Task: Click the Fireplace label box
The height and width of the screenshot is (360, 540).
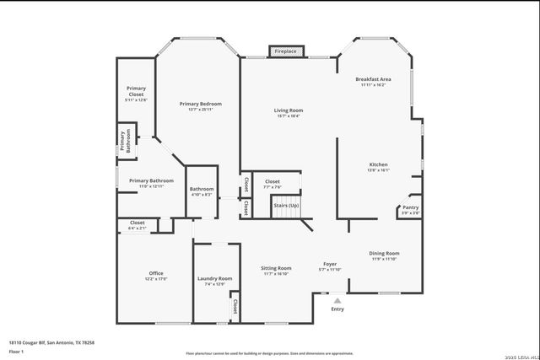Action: pyautogui.click(x=284, y=51)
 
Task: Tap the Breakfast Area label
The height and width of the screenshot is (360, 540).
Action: pyautogui.click(x=372, y=79)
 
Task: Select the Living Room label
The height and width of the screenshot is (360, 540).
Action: pyautogui.click(x=288, y=111)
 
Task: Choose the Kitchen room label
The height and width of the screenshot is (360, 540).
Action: pyautogui.click(x=378, y=164)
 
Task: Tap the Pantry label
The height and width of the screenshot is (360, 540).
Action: pyautogui.click(x=410, y=207)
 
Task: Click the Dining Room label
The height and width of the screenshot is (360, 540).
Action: pyautogui.click(x=384, y=254)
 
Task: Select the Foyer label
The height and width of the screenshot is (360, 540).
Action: pyautogui.click(x=330, y=265)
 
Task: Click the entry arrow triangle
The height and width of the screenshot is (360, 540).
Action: pyautogui.click(x=337, y=299)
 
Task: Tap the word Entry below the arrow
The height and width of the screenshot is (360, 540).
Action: pyautogui.click(x=337, y=309)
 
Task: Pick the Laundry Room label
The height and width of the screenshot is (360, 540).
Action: pyautogui.click(x=214, y=279)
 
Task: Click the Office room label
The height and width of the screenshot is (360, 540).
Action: pyautogui.click(x=156, y=273)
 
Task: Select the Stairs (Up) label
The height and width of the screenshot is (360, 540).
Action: pyautogui.click(x=286, y=206)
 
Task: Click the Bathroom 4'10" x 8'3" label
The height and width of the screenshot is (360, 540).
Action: pyautogui.click(x=202, y=189)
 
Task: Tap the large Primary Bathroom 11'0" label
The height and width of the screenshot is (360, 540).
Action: pyautogui.click(x=151, y=180)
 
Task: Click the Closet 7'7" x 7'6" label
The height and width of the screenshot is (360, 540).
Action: pyautogui.click(x=273, y=182)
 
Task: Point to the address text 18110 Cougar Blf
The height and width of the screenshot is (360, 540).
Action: pyautogui.click(x=51, y=342)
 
